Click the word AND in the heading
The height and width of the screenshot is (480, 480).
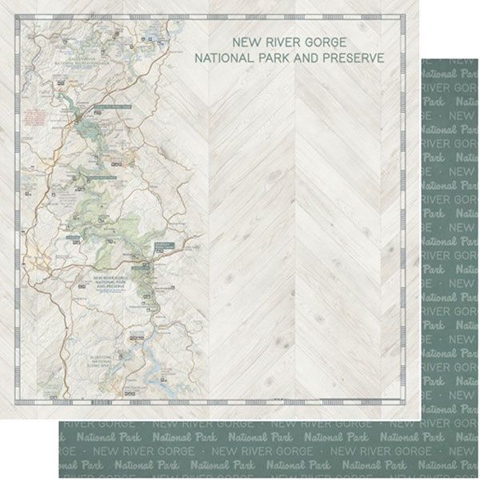[x=314, y=58]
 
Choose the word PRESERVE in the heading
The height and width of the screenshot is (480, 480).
[x=357, y=58]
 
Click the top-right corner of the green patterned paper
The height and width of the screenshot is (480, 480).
[x=478, y=58]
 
